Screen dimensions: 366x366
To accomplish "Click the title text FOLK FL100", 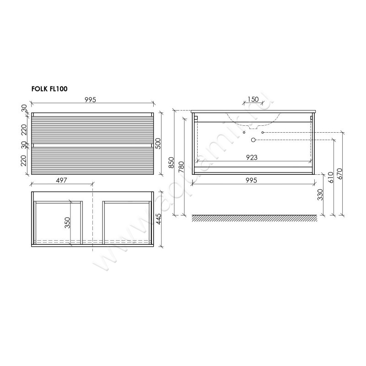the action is [x=49, y=89].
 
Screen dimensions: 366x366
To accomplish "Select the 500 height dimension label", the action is [x=158, y=144].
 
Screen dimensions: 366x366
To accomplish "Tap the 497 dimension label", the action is [x=62, y=180].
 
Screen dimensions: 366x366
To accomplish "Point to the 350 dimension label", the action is [x=67, y=223].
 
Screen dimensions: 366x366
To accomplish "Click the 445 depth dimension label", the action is [x=158, y=219].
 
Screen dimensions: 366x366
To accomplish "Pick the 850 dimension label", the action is [x=171, y=162].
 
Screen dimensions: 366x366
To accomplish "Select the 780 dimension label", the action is [x=181, y=167].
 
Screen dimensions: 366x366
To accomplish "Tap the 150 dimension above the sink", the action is [x=253, y=99].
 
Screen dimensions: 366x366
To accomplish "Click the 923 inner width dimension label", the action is [x=252, y=157].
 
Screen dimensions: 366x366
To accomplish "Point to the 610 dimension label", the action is [x=330, y=178].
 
